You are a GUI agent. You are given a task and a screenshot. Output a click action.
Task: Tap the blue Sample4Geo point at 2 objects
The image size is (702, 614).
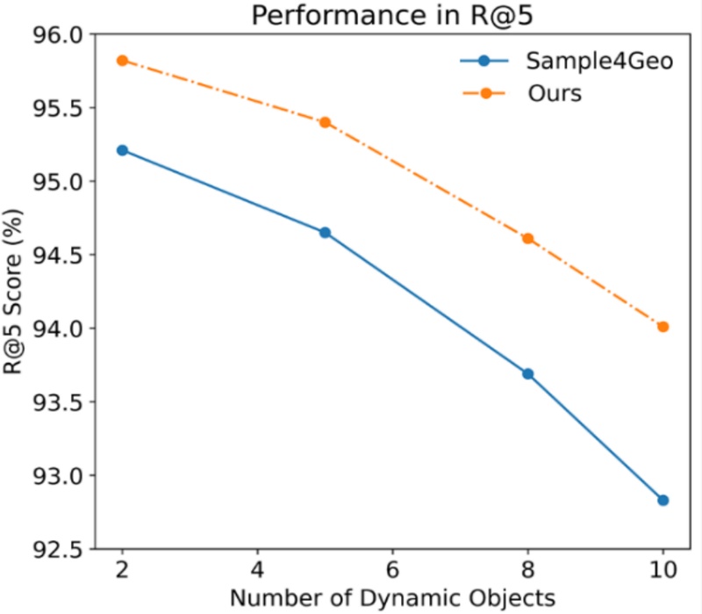click(x=123, y=150)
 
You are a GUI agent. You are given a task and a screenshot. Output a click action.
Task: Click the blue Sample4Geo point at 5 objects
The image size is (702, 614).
click(x=325, y=233)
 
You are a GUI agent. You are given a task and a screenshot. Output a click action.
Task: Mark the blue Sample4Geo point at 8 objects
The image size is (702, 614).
click(x=528, y=373)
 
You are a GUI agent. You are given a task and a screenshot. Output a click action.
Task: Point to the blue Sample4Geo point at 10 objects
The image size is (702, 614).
click(x=663, y=500)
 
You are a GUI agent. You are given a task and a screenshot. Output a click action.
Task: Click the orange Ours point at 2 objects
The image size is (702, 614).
click(x=123, y=61)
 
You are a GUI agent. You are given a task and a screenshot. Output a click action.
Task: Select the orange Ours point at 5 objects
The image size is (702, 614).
click(x=325, y=122)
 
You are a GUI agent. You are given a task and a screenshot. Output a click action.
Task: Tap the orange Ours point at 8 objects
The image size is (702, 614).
click(x=528, y=238)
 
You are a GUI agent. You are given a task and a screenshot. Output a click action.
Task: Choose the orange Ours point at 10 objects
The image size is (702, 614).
click(x=663, y=327)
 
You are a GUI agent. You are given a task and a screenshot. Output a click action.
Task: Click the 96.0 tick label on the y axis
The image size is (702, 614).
click(x=58, y=35)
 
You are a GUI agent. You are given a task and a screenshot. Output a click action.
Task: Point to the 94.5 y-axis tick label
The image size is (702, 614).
click(x=58, y=256)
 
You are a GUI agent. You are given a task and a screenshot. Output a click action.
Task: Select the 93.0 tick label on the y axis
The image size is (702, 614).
click(x=58, y=476)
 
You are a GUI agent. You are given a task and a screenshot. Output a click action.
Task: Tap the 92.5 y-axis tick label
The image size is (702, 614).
click(x=58, y=550)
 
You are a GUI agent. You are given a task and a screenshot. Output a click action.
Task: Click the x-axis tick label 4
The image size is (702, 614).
click(x=257, y=568)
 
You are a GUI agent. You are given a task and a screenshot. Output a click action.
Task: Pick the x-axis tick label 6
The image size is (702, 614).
click(x=392, y=568)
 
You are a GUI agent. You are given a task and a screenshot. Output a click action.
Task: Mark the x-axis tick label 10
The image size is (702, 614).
click(x=663, y=568)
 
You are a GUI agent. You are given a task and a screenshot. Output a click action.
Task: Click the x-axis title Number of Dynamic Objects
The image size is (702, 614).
click(x=391, y=598)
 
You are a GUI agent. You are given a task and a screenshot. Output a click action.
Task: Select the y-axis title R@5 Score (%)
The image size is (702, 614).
click(x=15, y=292)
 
